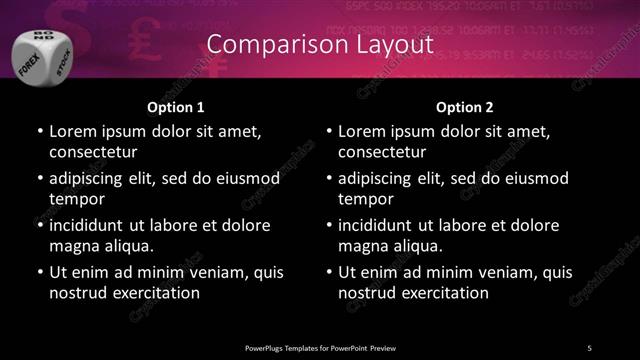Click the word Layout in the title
pos(390,45)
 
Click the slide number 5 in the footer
pos(589,347)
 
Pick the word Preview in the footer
pos(381,347)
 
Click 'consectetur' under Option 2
pos(383,151)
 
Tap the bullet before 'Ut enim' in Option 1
pos(38,272)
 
